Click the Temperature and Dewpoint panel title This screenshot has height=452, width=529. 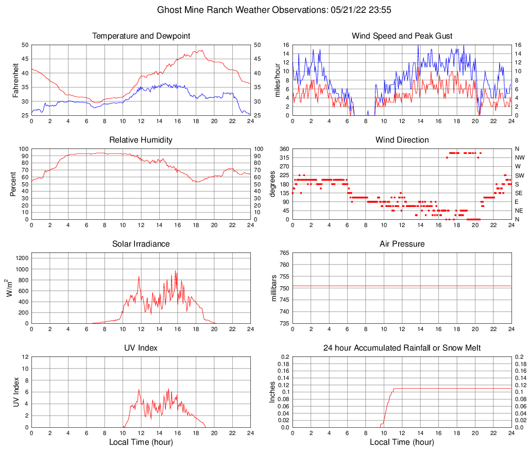pyautogui.click(x=141, y=36)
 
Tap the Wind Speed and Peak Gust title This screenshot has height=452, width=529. pyautogui.click(x=402, y=36)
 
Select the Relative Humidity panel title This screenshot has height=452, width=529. pyautogui.click(x=141, y=140)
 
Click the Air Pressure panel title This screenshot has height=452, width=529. pyautogui.click(x=402, y=244)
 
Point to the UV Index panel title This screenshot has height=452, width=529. pyautogui.click(x=141, y=348)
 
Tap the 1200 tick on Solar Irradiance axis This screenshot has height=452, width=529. pyautogui.click(x=21, y=257)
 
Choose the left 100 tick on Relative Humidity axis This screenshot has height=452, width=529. pyautogui.click(x=23, y=149)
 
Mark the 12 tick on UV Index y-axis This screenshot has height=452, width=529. pyautogui.click(x=25, y=357)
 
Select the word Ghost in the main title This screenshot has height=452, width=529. pyautogui.click(x=169, y=10)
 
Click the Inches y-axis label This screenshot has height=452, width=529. pyautogui.click(x=273, y=392)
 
